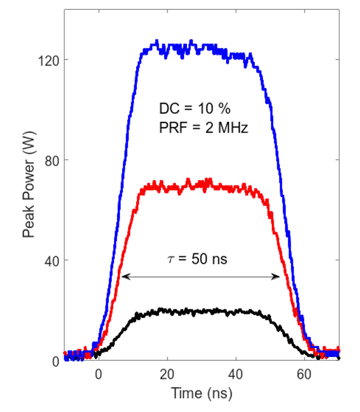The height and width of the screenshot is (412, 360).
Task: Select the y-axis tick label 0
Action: point(56,361)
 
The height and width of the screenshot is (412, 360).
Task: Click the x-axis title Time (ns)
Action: point(201,394)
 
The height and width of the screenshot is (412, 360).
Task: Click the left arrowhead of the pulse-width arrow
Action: point(124,277)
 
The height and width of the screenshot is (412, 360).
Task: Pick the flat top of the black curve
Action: point(197,311)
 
